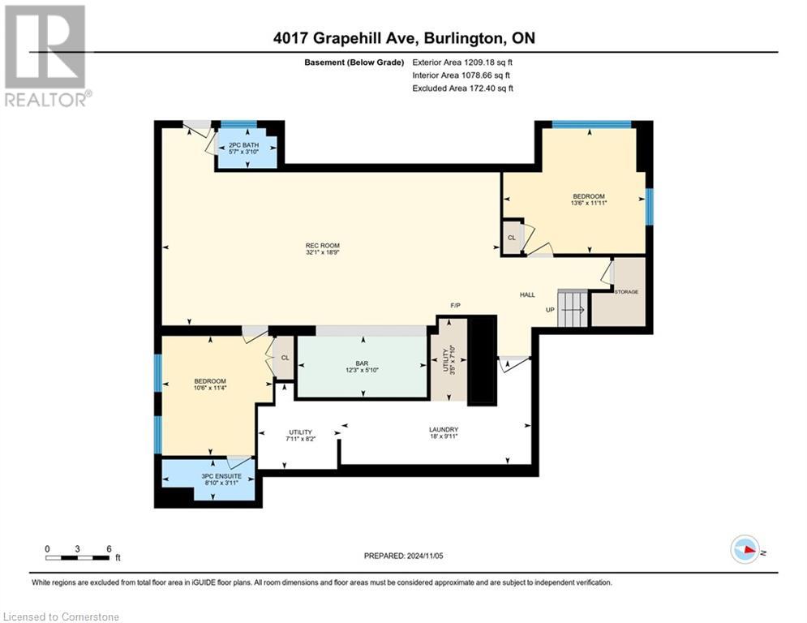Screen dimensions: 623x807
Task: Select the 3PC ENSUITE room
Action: tap(208, 479)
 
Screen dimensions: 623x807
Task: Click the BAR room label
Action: tap(362, 367)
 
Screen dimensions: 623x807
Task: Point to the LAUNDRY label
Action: tap(444, 429)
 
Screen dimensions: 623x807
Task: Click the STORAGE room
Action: tap(626, 292)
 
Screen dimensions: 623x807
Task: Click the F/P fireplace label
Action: tap(456, 307)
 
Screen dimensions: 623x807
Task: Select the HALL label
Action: tap(527, 295)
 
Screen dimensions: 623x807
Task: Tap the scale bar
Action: tap(78, 557)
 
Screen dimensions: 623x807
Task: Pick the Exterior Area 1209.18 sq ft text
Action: tap(463, 61)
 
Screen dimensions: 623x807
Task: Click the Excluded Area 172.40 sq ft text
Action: tap(463, 88)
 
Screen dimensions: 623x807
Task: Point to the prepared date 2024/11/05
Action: tap(404, 556)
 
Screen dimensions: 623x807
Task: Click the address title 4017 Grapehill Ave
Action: tap(403, 37)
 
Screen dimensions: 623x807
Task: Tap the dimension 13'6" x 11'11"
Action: tap(589, 204)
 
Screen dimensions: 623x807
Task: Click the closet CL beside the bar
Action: tap(285, 357)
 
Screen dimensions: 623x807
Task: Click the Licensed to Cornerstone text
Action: tap(62, 617)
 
